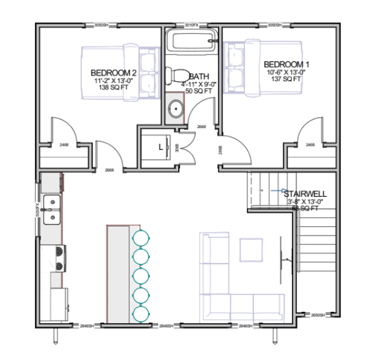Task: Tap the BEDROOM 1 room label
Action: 287,64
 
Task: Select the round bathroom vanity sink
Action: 176,108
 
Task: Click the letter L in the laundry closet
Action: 161,147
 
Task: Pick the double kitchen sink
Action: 54,209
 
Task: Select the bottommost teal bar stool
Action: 141,313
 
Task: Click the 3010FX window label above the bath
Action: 192,25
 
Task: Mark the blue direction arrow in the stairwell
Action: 282,191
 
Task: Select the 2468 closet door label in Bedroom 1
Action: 310,145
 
